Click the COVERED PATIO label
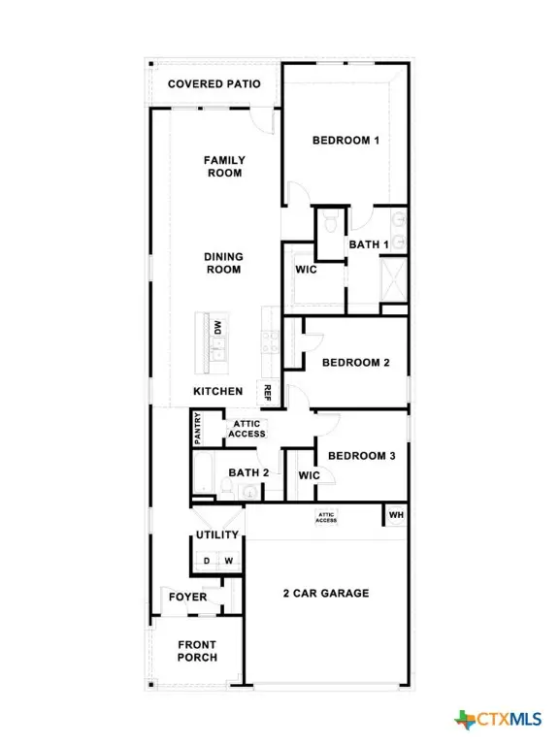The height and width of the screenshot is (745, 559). pyautogui.click(x=214, y=83)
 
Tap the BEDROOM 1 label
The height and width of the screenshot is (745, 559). pyautogui.click(x=345, y=141)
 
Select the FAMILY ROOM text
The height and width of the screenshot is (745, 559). pyautogui.click(x=223, y=166)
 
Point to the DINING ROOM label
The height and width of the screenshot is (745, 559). pyautogui.click(x=223, y=263)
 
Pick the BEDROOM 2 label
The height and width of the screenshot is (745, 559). pyautogui.click(x=355, y=363)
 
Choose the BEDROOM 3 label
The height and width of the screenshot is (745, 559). pyautogui.click(x=360, y=456)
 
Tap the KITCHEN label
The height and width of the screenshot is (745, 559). pyautogui.click(x=217, y=391)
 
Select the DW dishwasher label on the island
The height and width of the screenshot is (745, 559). pyautogui.click(x=218, y=328)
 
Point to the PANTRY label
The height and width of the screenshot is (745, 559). pyautogui.click(x=198, y=428)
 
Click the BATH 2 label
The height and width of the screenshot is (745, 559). pyautogui.click(x=248, y=473)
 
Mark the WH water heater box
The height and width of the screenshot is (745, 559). pyautogui.click(x=396, y=515)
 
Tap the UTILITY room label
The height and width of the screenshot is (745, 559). pyautogui.click(x=217, y=534)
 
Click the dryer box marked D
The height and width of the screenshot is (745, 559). pyautogui.click(x=206, y=561)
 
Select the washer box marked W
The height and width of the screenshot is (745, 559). pyautogui.click(x=229, y=561)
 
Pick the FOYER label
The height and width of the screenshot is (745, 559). pyautogui.click(x=188, y=597)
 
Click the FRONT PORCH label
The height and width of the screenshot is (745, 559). pyautogui.click(x=197, y=651)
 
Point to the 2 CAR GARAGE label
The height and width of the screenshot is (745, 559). pyautogui.click(x=325, y=593)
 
